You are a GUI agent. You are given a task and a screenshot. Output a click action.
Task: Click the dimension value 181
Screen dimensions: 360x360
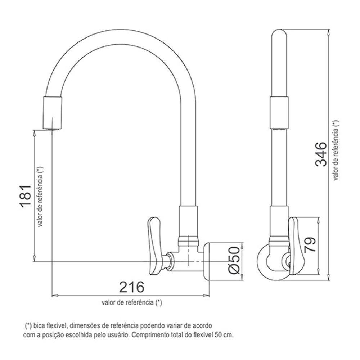[26, 196]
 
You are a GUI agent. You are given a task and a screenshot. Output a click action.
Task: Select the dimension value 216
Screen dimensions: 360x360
[131, 287]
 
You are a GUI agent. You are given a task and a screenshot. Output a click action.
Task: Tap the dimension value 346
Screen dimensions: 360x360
[320, 154]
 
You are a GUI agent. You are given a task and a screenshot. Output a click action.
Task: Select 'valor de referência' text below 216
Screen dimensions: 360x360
[132, 302]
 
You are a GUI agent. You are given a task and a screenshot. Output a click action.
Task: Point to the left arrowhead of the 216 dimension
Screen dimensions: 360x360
[54, 296]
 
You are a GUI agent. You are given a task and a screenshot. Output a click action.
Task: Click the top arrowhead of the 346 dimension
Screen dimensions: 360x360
[328, 32]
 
